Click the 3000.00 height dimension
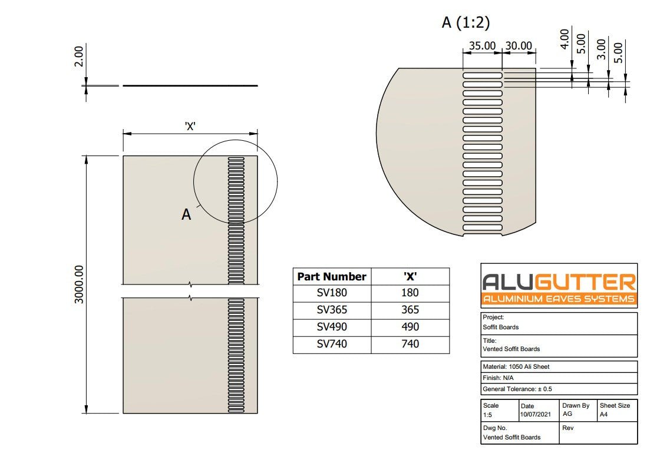click(x=80, y=285)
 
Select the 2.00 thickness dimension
click(x=79, y=57)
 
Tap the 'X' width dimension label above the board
click(x=190, y=125)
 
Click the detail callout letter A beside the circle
click(x=186, y=215)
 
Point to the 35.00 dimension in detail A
click(x=481, y=46)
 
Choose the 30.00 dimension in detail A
click(x=519, y=46)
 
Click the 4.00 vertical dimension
click(x=565, y=39)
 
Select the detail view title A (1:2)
click(x=466, y=23)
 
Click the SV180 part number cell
click(x=332, y=293)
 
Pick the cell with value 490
click(x=410, y=327)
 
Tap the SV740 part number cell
click(x=332, y=344)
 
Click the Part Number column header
click(x=332, y=276)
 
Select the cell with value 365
click(x=410, y=310)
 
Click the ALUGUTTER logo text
click(x=559, y=281)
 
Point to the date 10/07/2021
click(x=536, y=415)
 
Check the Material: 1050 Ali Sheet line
click(x=516, y=366)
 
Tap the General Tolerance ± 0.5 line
click(x=517, y=389)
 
